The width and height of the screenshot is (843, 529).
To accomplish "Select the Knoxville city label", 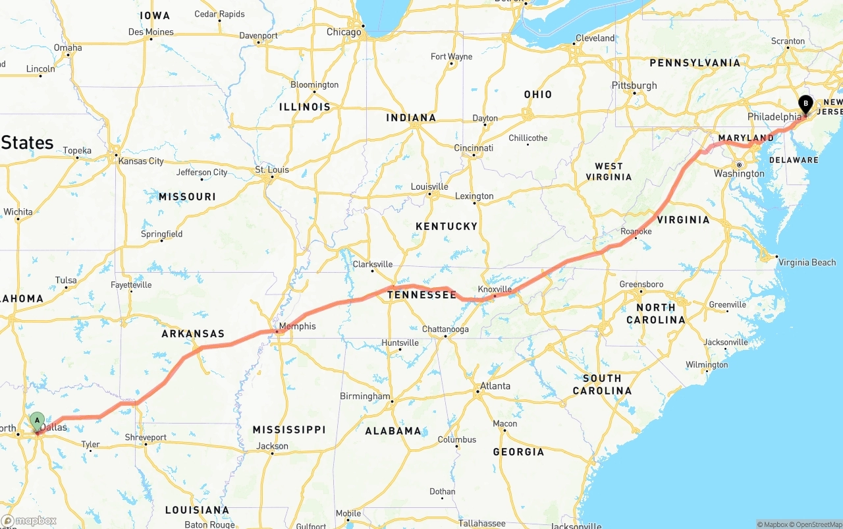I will [495, 289].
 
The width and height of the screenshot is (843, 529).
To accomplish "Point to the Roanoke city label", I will [636, 231].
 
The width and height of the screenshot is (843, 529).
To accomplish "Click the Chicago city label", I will [344, 32].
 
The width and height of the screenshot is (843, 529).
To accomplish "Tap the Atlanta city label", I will [495, 386].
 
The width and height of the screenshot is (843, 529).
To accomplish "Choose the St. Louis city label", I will [272, 170].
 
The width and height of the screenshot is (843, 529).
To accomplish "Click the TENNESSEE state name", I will [421, 295].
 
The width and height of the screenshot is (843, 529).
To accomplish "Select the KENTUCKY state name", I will [447, 226].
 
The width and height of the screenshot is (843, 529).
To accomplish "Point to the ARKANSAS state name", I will [193, 334].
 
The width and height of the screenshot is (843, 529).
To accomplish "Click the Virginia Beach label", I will [807, 262].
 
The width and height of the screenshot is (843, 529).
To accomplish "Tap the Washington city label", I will [739, 174].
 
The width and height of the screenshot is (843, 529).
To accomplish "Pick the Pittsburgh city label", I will [634, 85].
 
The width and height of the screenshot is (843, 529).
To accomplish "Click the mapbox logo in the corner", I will [28, 520].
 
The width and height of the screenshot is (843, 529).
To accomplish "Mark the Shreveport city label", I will [146, 437].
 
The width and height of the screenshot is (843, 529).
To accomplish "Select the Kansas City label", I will [141, 161].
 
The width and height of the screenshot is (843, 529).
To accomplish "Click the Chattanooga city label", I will [445, 329].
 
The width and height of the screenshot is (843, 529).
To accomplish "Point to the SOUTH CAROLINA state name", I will [601, 384].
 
